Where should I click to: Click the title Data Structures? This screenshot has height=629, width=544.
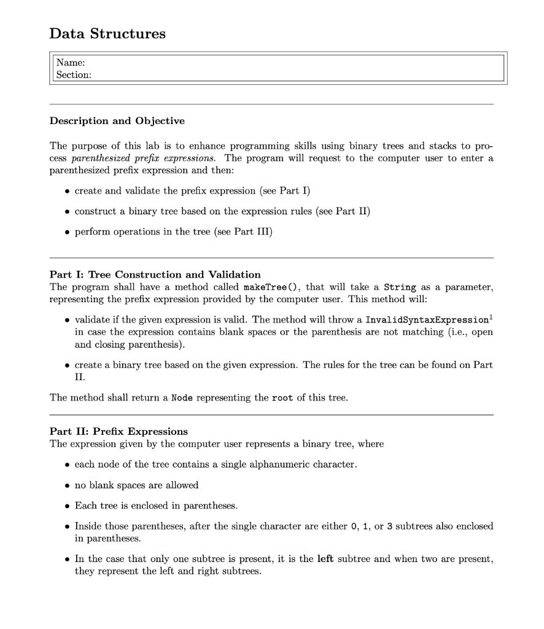coord(107,34)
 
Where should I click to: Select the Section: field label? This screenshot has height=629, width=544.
coord(74,75)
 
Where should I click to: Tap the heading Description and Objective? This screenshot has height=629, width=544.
coord(117,121)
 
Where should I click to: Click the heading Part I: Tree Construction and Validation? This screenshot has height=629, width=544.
coord(155,275)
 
